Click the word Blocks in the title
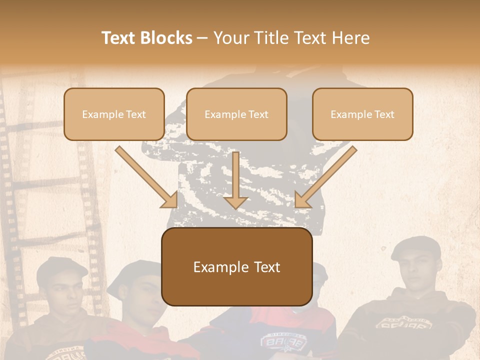[x=166, y=38]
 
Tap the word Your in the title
[x=229, y=38]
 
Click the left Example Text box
[x=114, y=114]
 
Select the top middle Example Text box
[x=236, y=114]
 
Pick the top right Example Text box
[x=362, y=114]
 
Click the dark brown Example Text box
[x=236, y=266]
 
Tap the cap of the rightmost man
[x=416, y=248]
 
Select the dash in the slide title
[x=202, y=38]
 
